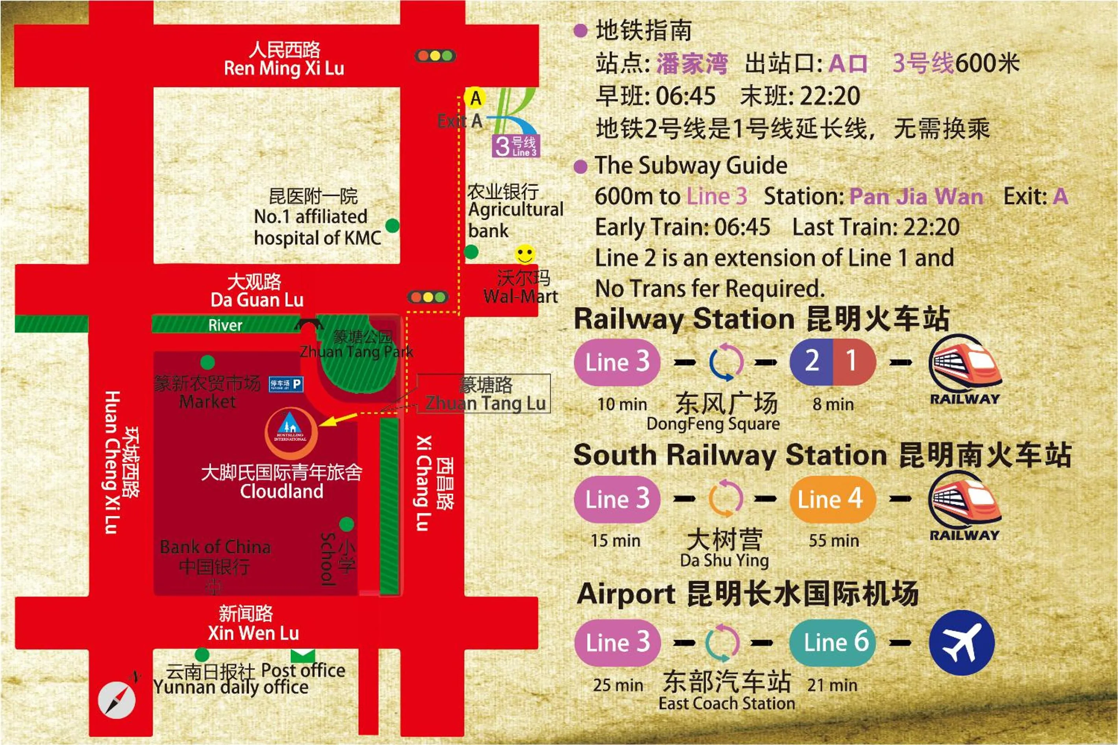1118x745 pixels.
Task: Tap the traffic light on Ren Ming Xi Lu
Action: pos(435,56)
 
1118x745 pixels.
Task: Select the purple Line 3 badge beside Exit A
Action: pos(515,146)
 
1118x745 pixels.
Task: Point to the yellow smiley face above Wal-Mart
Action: pos(525,254)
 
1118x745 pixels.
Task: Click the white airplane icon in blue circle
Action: pos(961,643)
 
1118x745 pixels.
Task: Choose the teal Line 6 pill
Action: pos(832,643)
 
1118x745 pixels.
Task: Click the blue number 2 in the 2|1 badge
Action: pos(811,362)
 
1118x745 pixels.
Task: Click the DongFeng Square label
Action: pos(713,424)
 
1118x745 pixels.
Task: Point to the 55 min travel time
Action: pos(834,541)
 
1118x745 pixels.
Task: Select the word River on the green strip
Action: pos(225,325)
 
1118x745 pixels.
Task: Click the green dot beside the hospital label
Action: pos(392,226)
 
